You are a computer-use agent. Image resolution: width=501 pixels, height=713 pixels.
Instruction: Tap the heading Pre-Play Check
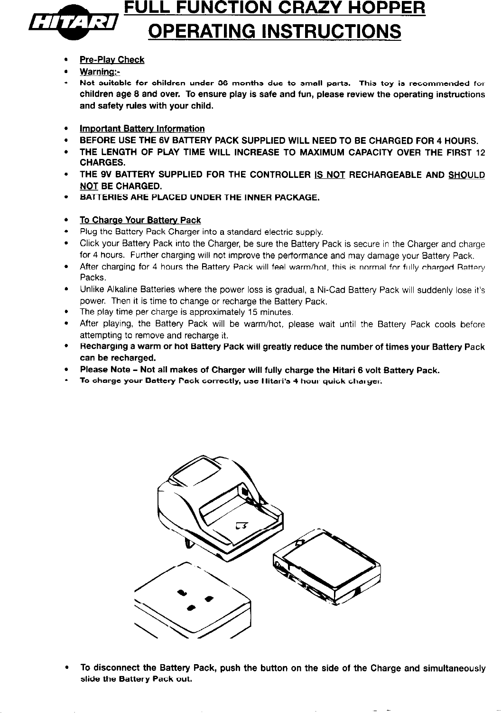pos(112,60)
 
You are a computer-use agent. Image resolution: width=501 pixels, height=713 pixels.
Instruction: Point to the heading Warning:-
pos(100,72)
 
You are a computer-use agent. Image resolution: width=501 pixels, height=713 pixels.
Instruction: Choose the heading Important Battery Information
pos(142,129)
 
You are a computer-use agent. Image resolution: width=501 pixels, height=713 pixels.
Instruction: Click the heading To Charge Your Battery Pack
pos(140,220)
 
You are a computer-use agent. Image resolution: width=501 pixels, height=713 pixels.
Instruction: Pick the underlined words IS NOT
pos(329,175)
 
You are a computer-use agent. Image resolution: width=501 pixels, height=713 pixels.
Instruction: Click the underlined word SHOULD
pos(466,175)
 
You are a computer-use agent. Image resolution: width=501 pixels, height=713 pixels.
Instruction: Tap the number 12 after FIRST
pos(480,153)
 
